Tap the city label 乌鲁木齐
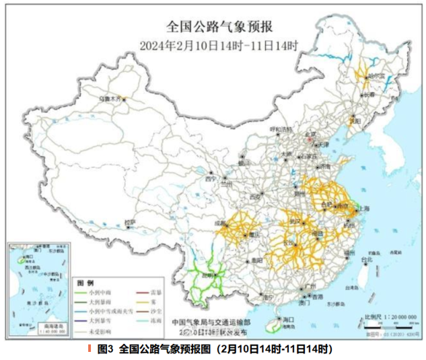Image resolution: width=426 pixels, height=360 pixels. coord(110,99)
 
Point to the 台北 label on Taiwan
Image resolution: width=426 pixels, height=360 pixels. coord(367,258)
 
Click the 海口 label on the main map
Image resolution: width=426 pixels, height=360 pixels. coord(289,319)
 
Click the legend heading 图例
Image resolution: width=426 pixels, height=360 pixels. coord(85,283)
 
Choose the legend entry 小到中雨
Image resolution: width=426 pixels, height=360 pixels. coord(98,294)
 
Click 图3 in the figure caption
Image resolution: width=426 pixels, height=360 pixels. coord(104,349)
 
